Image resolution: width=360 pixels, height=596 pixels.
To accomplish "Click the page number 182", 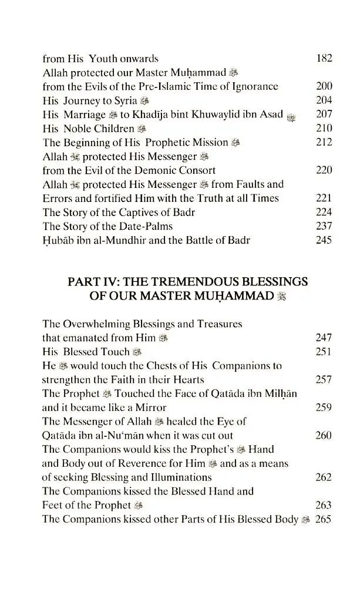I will tap(324, 58).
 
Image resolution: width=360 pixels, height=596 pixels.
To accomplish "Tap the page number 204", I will tap(324, 100).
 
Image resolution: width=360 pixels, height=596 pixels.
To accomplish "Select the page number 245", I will tap(324, 240).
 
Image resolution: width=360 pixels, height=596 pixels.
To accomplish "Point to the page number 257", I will tap(324, 379).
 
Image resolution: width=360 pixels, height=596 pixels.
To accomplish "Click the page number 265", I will tap(324, 519).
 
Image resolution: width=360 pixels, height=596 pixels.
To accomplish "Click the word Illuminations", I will tap(176, 477).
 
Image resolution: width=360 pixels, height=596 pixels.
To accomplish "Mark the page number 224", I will tap(324, 213).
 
